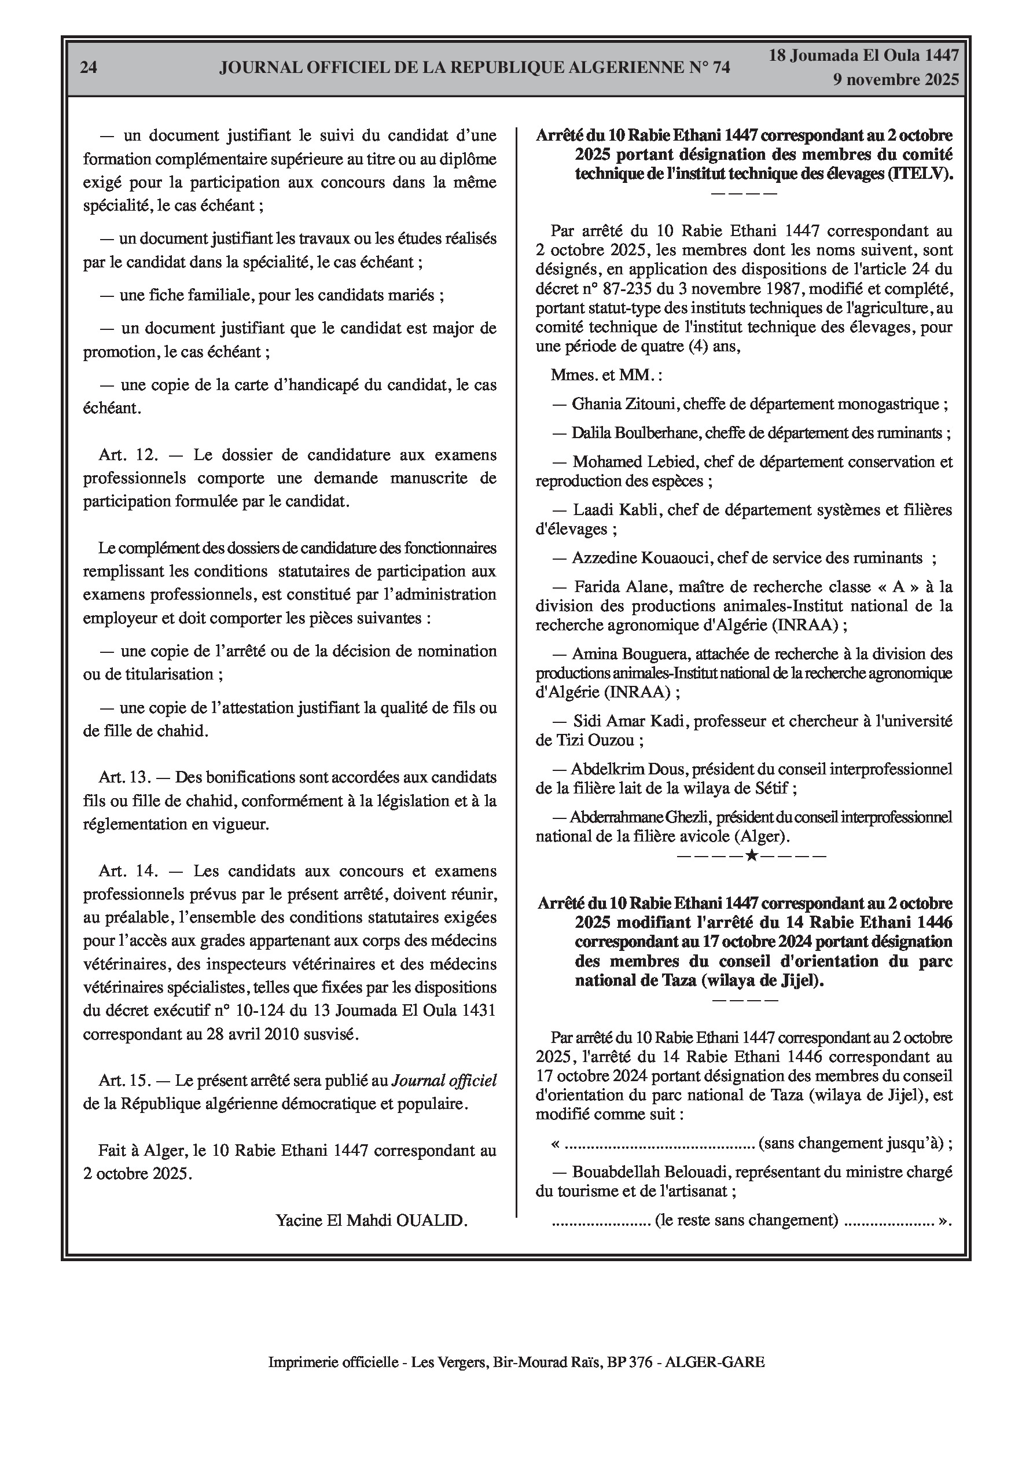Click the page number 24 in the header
(x=89, y=68)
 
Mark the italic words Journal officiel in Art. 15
(x=444, y=1081)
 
